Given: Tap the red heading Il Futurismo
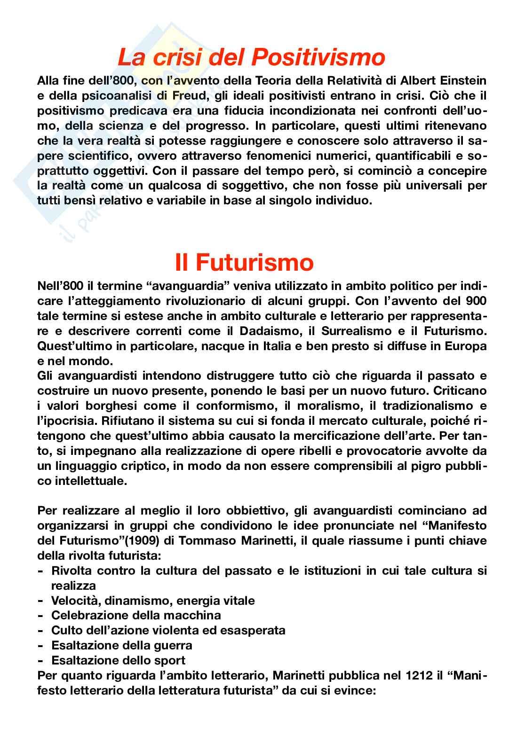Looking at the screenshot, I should tap(244, 262).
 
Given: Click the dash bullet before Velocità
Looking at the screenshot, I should tap(41, 601).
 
